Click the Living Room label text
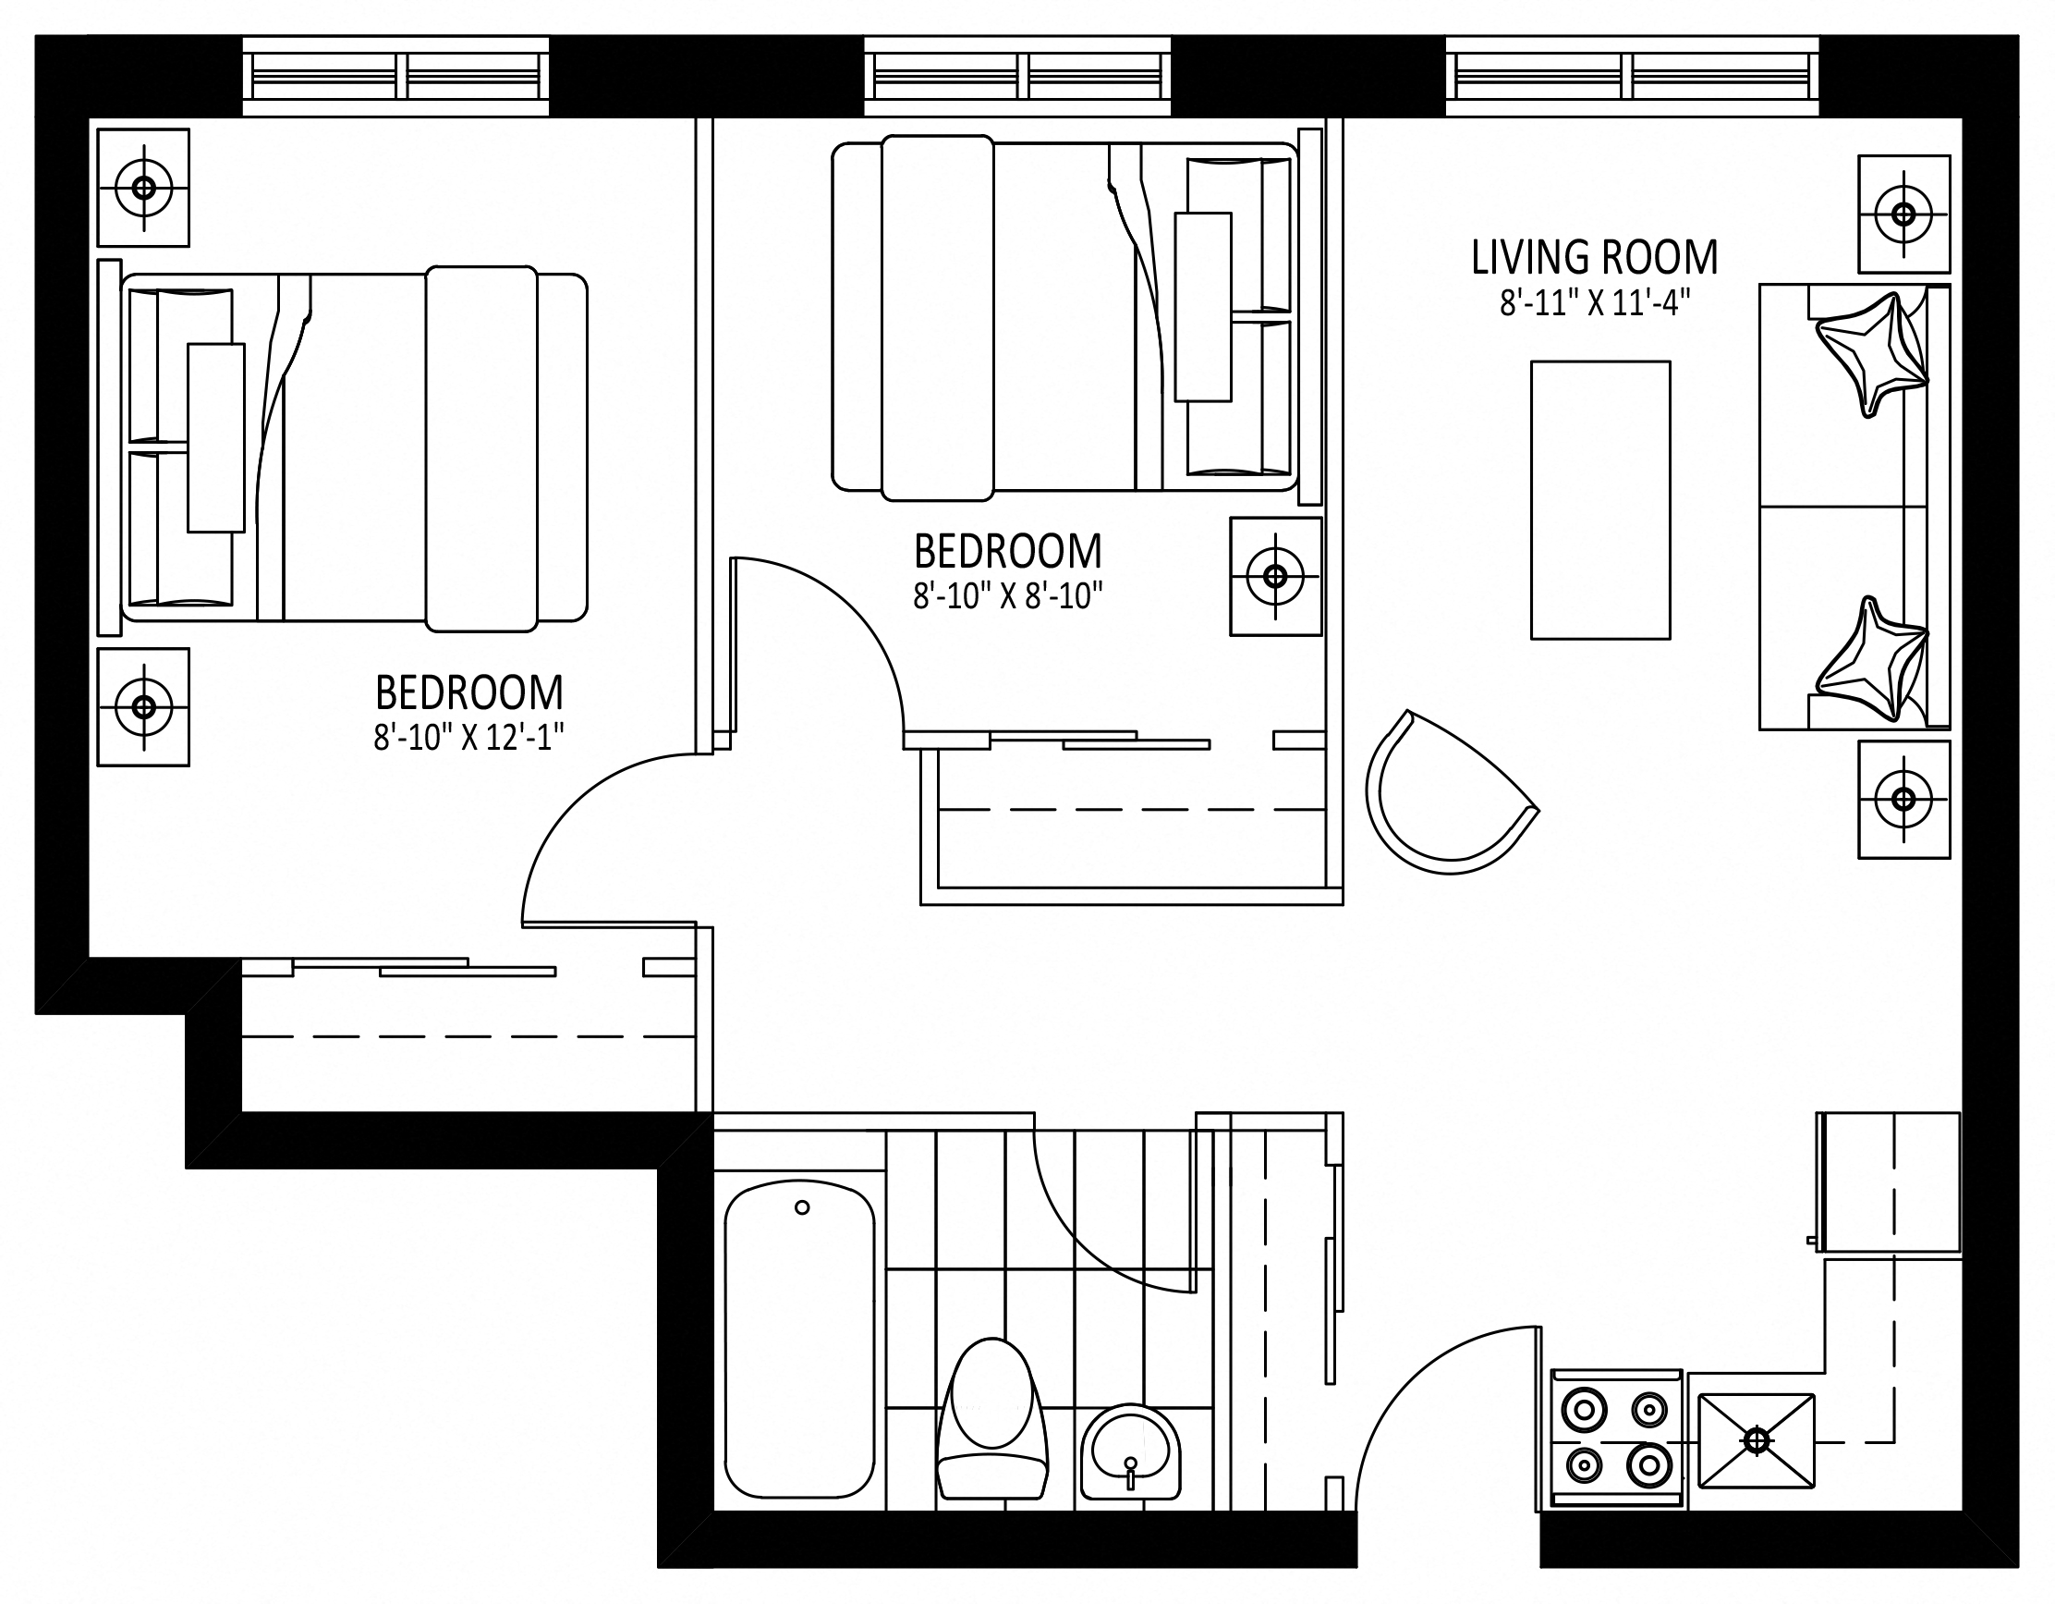coord(1595,258)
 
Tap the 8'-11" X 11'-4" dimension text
coord(1595,303)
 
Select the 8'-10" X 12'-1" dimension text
coord(468,738)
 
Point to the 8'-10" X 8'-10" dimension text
coord(1008,596)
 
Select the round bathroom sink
coord(1130,1452)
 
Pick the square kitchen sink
coord(1757,1441)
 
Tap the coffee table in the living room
coord(1600,500)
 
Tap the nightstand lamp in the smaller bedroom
coord(1276,576)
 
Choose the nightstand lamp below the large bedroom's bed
coord(144,706)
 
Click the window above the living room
coord(1632,76)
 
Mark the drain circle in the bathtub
coord(802,1207)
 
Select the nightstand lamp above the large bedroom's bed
coord(144,188)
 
